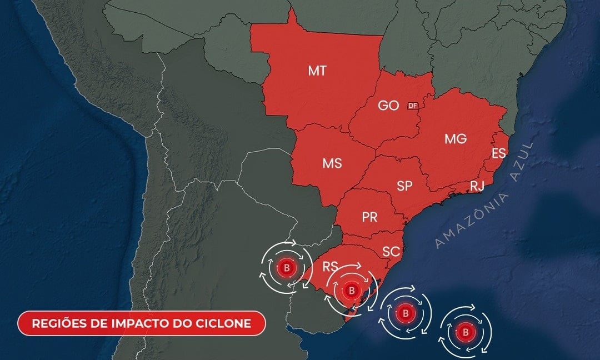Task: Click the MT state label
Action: click(317, 71)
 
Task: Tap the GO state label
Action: click(388, 106)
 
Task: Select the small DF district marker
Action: click(412, 106)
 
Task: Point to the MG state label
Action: click(456, 139)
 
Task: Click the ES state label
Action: click(498, 153)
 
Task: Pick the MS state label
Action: click(332, 164)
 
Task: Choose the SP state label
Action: click(405, 186)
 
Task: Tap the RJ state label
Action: click(477, 186)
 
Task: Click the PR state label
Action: click(370, 217)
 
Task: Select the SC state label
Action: click(391, 252)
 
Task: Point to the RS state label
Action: click(331, 267)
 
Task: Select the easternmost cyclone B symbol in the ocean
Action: click(466, 332)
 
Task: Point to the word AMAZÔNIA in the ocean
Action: click(469, 221)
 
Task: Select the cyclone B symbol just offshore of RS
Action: click(406, 313)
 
